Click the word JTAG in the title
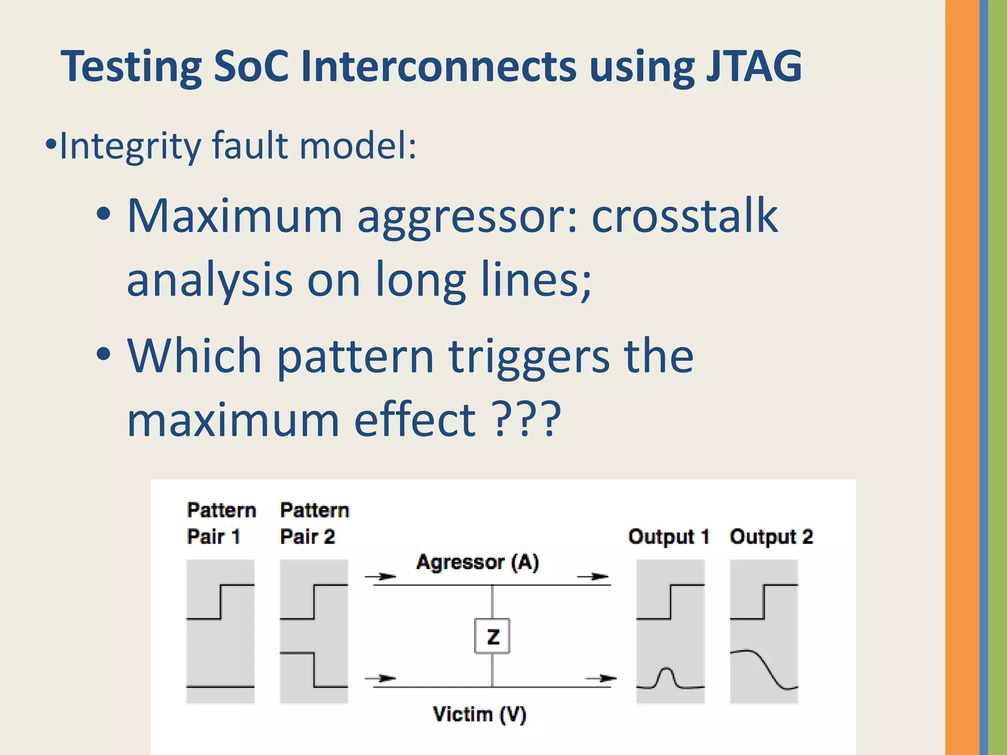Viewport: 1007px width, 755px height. pos(754,66)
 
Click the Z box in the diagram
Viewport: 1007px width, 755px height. pos(492,636)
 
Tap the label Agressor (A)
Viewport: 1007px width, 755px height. pos(477,562)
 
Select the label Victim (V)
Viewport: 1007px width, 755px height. pos(479,714)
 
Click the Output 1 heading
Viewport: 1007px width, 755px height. pos(669,536)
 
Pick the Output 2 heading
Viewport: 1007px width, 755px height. pos(771,536)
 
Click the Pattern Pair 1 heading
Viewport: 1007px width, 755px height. pos(221,523)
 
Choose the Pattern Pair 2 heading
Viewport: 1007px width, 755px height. pos(314,523)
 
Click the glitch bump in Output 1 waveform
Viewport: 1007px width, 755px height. pos(666,676)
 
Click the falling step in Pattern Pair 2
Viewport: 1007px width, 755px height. pos(314,669)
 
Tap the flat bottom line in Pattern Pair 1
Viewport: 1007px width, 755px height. pos(220,686)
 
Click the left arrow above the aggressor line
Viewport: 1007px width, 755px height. pos(382,576)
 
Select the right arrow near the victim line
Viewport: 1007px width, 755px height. pos(601,678)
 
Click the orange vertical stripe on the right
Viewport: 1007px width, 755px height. pos(962,377)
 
